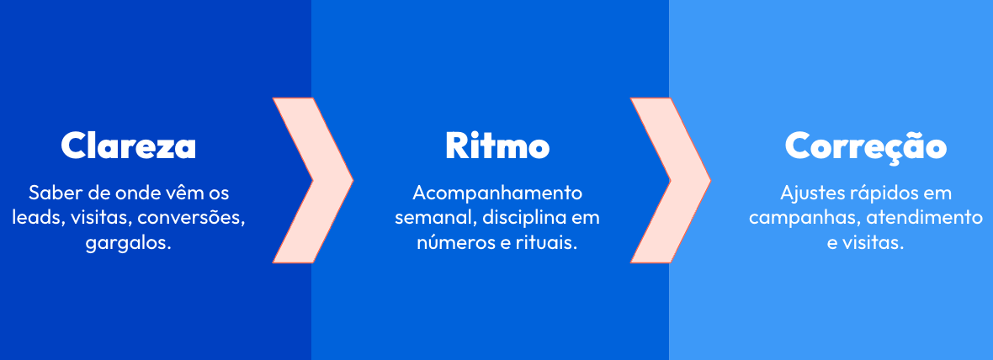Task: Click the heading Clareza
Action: point(129,146)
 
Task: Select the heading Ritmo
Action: point(497,146)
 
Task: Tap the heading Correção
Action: point(866,146)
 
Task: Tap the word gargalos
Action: point(126,244)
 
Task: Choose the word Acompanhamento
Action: point(497,192)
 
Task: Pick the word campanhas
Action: point(790,218)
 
